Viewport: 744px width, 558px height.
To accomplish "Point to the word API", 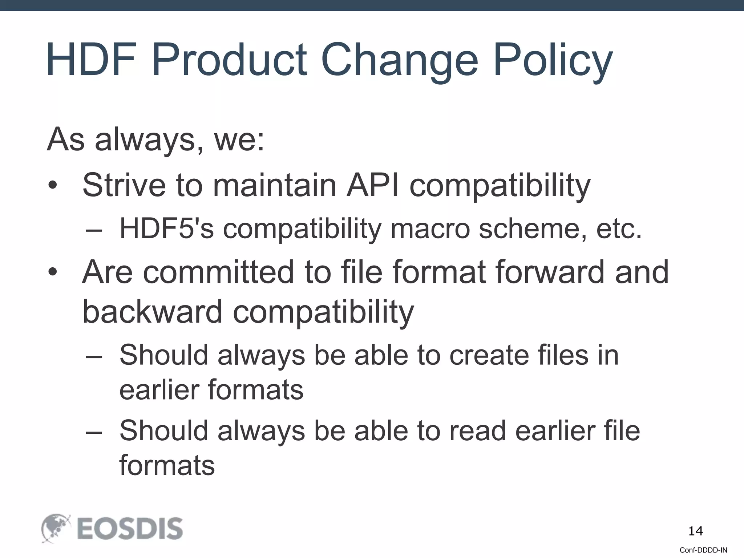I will [372, 185].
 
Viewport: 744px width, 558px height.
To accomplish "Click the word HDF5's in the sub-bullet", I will [167, 229].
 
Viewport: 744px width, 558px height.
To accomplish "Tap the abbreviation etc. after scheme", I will [619, 229].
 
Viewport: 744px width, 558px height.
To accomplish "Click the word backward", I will [152, 311].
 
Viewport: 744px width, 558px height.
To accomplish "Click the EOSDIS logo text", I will [130, 529].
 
